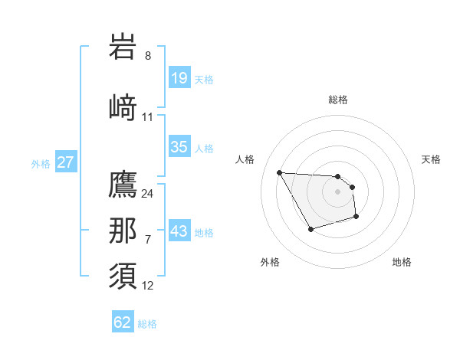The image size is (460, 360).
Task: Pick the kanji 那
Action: pos(123,231)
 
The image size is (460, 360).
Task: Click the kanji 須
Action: pos(123,276)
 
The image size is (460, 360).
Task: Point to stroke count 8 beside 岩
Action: pos(148,56)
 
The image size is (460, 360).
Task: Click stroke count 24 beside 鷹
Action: pos(148,194)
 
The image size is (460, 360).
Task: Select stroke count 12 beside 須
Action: pos(148,286)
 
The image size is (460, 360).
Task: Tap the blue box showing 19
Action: pos(179,78)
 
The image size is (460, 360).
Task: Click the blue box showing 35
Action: pos(179,147)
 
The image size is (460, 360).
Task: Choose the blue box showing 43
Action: pos(179,231)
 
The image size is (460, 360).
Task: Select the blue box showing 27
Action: pos(65,162)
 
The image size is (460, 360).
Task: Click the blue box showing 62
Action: pos(123,322)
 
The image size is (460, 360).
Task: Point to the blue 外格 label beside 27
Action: pos(41,163)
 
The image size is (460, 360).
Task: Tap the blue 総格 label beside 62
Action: pos(147,324)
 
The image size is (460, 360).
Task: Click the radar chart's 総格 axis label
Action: pos(338,100)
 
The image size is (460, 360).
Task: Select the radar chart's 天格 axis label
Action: pos(431,159)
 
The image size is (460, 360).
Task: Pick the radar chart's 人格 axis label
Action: pos(245,159)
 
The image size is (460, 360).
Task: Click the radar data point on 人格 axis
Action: pos(279,172)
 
